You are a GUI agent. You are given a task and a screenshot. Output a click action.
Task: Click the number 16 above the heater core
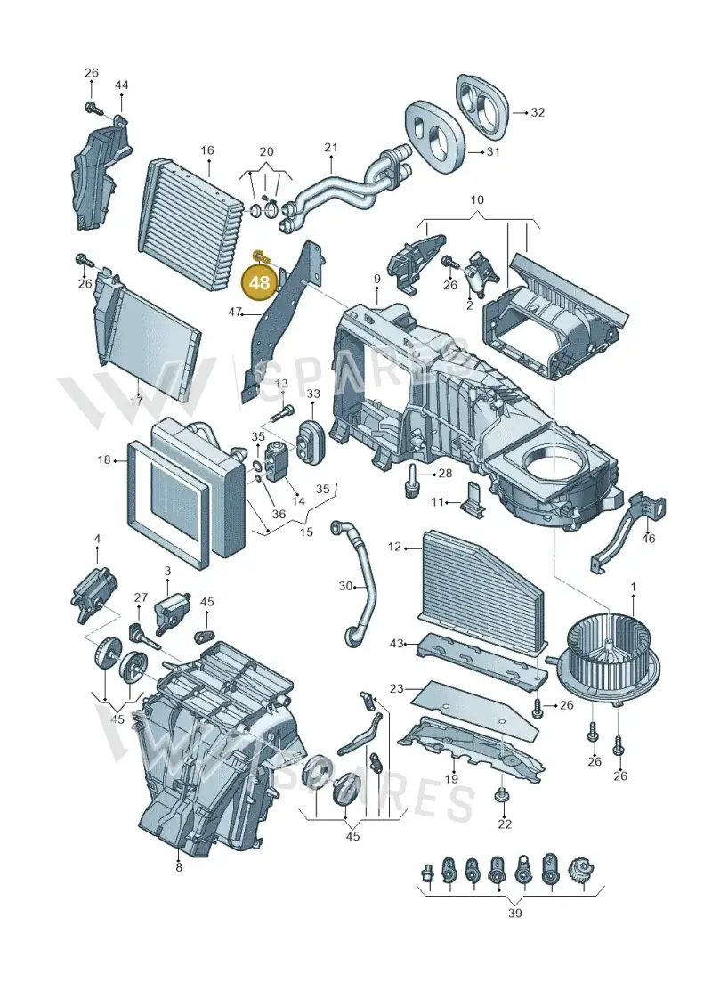tap(206, 151)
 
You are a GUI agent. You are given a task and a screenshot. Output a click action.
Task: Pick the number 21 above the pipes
tap(331, 149)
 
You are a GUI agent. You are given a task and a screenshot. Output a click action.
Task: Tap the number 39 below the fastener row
tap(515, 913)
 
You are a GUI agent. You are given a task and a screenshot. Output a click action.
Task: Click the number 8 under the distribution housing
tap(179, 867)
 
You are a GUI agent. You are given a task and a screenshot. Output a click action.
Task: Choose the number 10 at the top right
tap(477, 199)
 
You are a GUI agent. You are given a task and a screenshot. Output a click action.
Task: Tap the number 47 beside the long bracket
tap(235, 313)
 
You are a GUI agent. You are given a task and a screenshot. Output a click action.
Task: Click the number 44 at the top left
tap(121, 85)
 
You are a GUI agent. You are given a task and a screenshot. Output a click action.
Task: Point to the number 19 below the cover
tap(451, 780)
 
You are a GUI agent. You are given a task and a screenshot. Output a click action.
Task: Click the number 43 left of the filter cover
tap(397, 643)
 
